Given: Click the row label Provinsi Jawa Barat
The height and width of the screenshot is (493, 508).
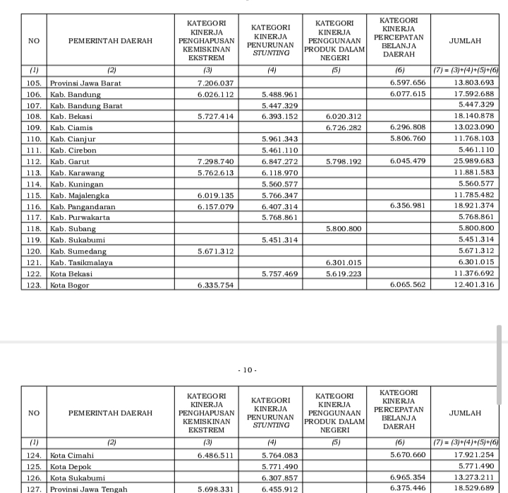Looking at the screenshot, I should coord(85,83).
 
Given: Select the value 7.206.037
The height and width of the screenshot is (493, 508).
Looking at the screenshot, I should coord(216,83).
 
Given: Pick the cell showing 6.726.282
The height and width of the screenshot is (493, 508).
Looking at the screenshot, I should coord(344,128).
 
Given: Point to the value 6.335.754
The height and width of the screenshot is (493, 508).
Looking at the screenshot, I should coord(216,285).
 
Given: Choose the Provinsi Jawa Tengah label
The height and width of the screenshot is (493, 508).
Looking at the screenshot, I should coord(88,489).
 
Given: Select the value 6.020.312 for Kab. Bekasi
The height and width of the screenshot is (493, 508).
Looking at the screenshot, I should coord(344,117).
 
